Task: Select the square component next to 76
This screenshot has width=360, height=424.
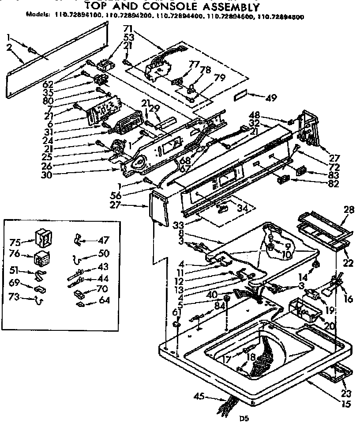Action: click(x=41, y=257)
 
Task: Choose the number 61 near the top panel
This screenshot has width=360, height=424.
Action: click(x=176, y=313)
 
